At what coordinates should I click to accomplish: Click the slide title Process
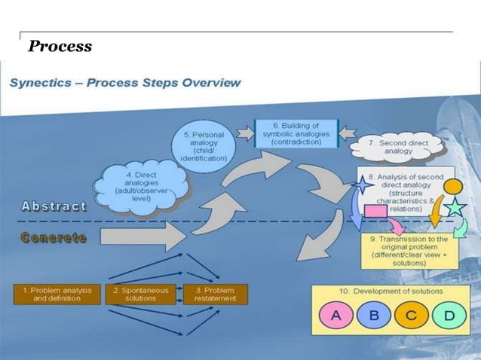click(60, 47)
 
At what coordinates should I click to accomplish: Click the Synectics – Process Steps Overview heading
click(125, 82)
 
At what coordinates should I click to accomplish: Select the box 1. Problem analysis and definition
click(56, 294)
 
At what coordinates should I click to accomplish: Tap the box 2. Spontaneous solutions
click(140, 294)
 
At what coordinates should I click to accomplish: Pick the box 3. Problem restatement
click(215, 294)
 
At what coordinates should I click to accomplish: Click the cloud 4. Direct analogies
click(142, 185)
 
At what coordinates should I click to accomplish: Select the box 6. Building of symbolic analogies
click(296, 132)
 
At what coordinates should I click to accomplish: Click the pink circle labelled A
click(336, 316)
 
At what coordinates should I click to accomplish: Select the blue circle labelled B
click(373, 316)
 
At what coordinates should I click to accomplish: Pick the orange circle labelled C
click(411, 316)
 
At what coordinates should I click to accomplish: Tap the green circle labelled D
click(449, 316)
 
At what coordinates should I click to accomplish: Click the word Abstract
click(54, 206)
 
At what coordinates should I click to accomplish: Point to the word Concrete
click(54, 237)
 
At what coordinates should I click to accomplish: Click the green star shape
click(454, 206)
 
